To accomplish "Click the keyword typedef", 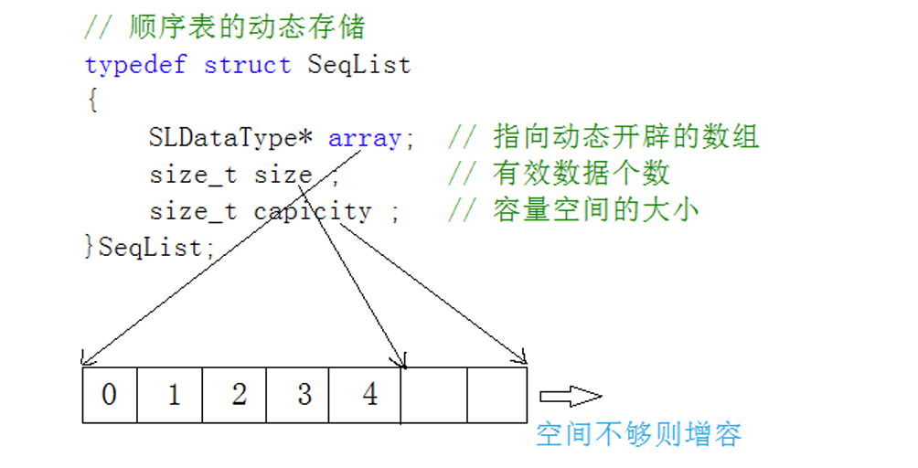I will click(x=135, y=66).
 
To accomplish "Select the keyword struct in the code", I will click(x=247, y=66).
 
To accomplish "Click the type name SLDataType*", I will click(x=231, y=138).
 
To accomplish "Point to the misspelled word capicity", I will click(x=313, y=211).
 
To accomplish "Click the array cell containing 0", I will click(x=110, y=395).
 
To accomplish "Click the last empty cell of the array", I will click(x=496, y=395).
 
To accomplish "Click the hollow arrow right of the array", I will click(x=570, y=396).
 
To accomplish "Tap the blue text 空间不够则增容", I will click(x=638, y=433).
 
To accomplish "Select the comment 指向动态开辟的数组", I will click(x=626, y=138).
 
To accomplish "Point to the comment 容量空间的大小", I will click(x=596, y=211).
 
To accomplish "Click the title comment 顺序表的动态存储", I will click(x=247, y=27).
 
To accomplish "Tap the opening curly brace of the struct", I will click(x=91, y=101).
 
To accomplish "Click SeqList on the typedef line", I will click(x=358, y=66).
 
